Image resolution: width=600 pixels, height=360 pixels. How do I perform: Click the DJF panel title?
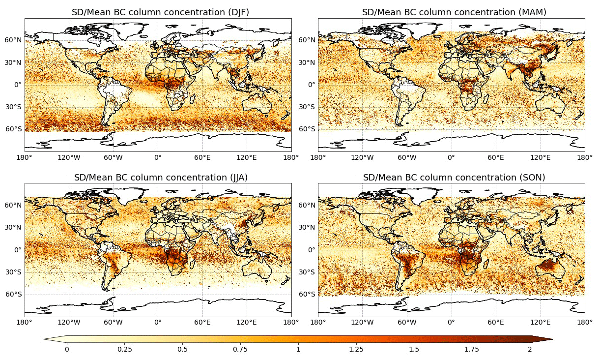[x=160, y=12]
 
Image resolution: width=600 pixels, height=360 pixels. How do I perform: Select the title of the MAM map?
[x=454, y=12]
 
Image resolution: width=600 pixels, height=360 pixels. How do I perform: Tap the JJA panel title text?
[x=160, y=177]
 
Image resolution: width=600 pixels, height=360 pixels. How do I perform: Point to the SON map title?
[x=454, y=177]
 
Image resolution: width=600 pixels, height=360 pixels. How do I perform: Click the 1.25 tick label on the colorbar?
[x=356, y=350]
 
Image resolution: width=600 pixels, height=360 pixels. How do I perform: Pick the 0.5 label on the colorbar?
[x=182, y=350]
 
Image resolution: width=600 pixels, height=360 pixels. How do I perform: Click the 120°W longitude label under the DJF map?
[x=69, y=158]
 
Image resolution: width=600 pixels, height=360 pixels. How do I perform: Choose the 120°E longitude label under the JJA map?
[x=247, y=323]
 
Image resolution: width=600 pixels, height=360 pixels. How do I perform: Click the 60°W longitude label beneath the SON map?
[x=407, y=323]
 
